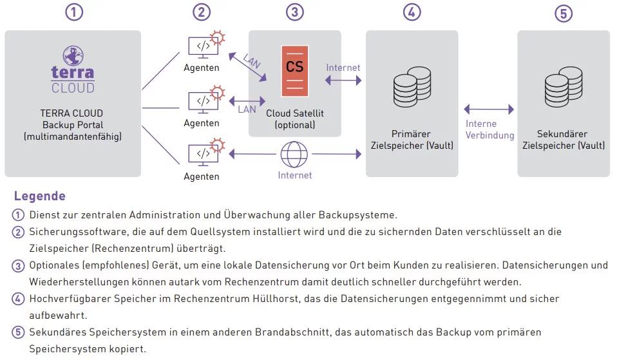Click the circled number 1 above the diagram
[x=74, y=12]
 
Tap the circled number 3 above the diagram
[x=295, y=12]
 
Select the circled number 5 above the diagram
[x=564, y=14]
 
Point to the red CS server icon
[x=295, y=71]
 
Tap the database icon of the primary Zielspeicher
[x=412, y=86]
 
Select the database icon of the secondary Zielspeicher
[x=564, y=86]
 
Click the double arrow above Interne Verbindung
[x=489, y=109]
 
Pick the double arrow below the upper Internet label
[x=343, y=81]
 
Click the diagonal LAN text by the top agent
[x=252, y=61]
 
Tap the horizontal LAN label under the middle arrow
[x=247, y=109]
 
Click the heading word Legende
[x=40, y=196]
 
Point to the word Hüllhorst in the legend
[x=274, y=299]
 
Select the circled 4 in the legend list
[x=17, y=299]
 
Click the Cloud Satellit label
[x=295, y=113]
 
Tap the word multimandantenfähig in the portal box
[x=73, y=137]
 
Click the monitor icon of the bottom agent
[x=203, y=153]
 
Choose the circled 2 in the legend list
[x=17, y=232]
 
